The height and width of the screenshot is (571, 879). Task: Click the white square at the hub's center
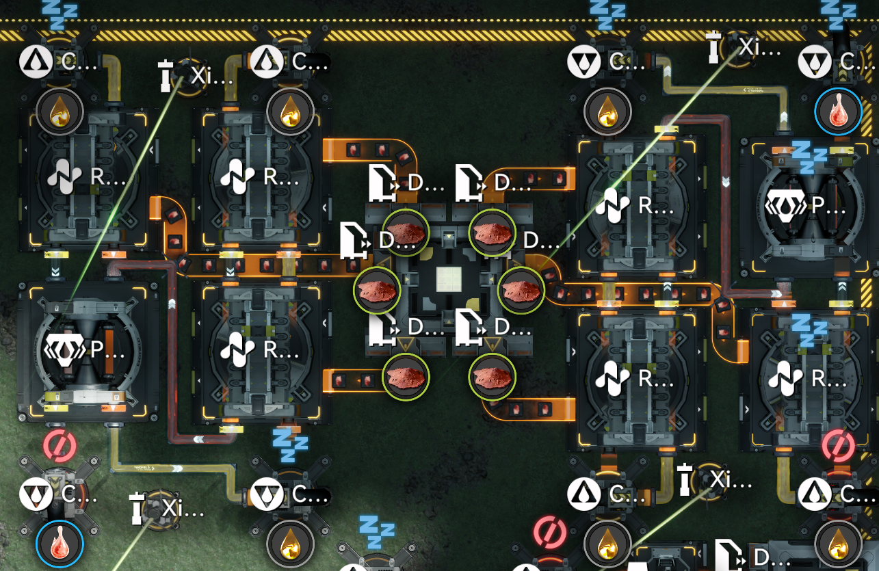pyautogui.click(x=449, y=280)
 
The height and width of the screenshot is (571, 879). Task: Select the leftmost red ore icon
pyautogui.click(x=377, y=290)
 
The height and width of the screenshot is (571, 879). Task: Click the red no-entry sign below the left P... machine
pyautogui.click(x=60, y=445)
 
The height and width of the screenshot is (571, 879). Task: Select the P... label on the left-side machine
pyautogui.click(x=108, y=350)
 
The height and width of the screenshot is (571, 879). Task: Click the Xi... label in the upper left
pyautogui.click(x=212, y=75)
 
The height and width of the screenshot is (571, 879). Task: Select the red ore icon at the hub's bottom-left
pyautogui.click(x=405, y=376)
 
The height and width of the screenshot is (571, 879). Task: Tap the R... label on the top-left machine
pyautogui.click(x=108, y=177)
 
